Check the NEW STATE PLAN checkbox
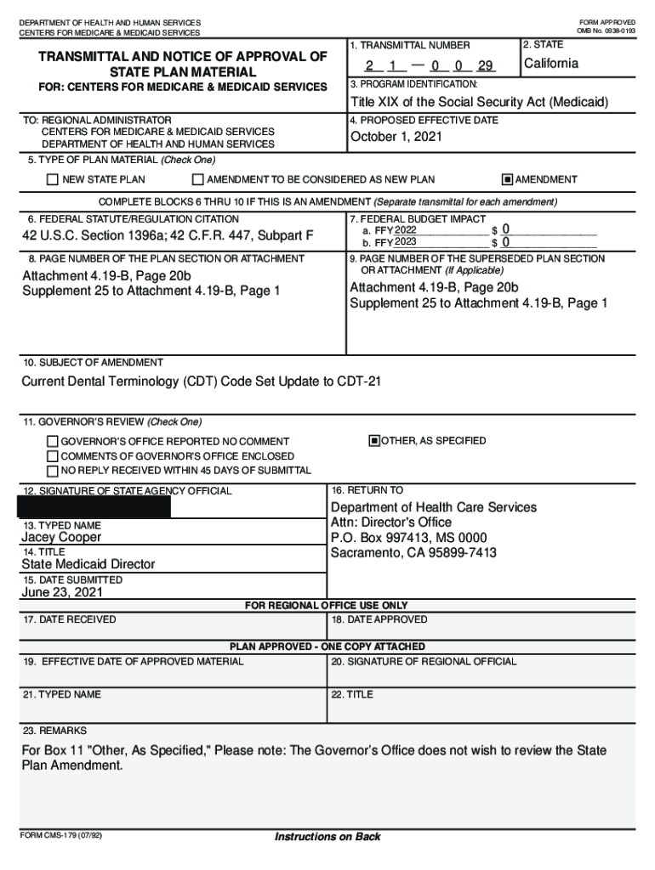point(53,180)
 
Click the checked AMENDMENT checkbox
point(508,180)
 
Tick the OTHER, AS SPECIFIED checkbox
point(373,441)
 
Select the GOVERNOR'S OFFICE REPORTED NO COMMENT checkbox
point(53,443)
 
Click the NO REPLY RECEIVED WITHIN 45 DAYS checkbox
point(53,472)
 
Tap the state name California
point(551,65)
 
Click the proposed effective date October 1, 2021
point(396,138)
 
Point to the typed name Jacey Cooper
point(61,538)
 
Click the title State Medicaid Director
point(88,564)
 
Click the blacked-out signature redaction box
point(94,507)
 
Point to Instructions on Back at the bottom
point(327,838)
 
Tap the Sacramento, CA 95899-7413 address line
point(413,553)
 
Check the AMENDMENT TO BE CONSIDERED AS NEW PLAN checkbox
point(198,180)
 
